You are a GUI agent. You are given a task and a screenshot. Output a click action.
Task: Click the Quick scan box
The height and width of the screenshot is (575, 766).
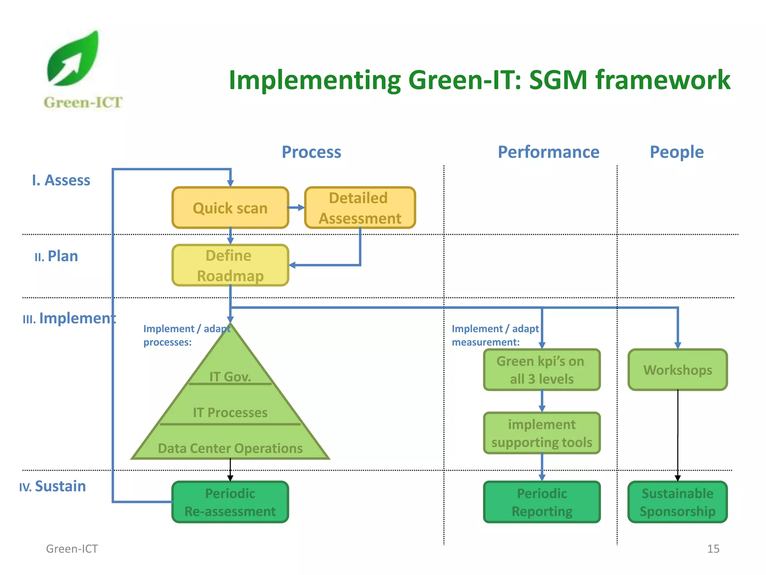(x=230, y=208)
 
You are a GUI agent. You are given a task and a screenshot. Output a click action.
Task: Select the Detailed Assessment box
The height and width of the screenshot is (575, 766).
(x=360, y=208)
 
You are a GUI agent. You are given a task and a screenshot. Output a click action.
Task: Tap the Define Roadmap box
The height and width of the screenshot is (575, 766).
(x=230, y=265)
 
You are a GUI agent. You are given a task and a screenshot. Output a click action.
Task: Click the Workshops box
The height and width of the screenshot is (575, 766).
(x=677, y=370)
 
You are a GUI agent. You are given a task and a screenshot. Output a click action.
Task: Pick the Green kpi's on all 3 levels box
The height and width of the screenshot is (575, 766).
(x=542, y=370)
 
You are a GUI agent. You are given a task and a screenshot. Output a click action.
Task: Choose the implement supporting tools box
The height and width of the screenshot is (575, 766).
(x=542, y=433)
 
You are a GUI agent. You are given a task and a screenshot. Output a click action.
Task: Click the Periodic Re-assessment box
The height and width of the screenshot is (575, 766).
(x=230, y=502)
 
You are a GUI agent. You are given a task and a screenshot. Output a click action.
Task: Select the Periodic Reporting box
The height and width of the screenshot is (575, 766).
(x=542, y=502)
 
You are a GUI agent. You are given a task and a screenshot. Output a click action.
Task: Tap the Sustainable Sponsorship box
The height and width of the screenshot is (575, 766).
(x=677, y=502)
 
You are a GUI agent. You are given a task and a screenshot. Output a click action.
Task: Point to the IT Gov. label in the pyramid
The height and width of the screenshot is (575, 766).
(x=230, y=377)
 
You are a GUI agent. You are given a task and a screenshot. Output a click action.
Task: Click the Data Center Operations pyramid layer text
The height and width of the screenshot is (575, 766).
(x=230, y=448)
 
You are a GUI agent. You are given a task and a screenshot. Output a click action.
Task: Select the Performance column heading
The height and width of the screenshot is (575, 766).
(x=548, y=152)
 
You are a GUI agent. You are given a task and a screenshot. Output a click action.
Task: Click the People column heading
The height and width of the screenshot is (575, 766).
(x=677, y=152)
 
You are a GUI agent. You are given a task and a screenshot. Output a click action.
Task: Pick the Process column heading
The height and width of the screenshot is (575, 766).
(x=311, y=152)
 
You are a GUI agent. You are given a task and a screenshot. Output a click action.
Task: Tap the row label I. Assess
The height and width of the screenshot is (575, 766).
(x=61, y=180)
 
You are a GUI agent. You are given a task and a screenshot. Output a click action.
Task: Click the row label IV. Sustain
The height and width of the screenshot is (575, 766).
(x=53, y=486)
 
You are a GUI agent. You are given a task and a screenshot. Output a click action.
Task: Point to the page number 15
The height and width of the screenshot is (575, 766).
(x=713, y=549)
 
